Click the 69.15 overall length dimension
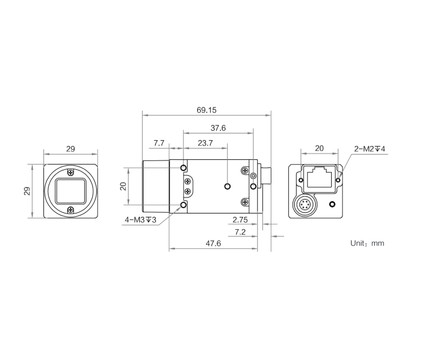(207, 110)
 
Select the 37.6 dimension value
(218, 128)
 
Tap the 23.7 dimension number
(205, 143)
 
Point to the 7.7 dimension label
(159, 143)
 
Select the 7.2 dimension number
(240, 232)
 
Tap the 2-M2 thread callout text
(369, 149)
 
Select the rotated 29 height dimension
(28, 191)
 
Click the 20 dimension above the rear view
(319, 149)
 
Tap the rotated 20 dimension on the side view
(123, 186)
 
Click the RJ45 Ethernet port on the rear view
(319, 176)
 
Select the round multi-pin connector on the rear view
(305, 205)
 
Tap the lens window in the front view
(70, 191)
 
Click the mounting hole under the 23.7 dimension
(228, 186)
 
